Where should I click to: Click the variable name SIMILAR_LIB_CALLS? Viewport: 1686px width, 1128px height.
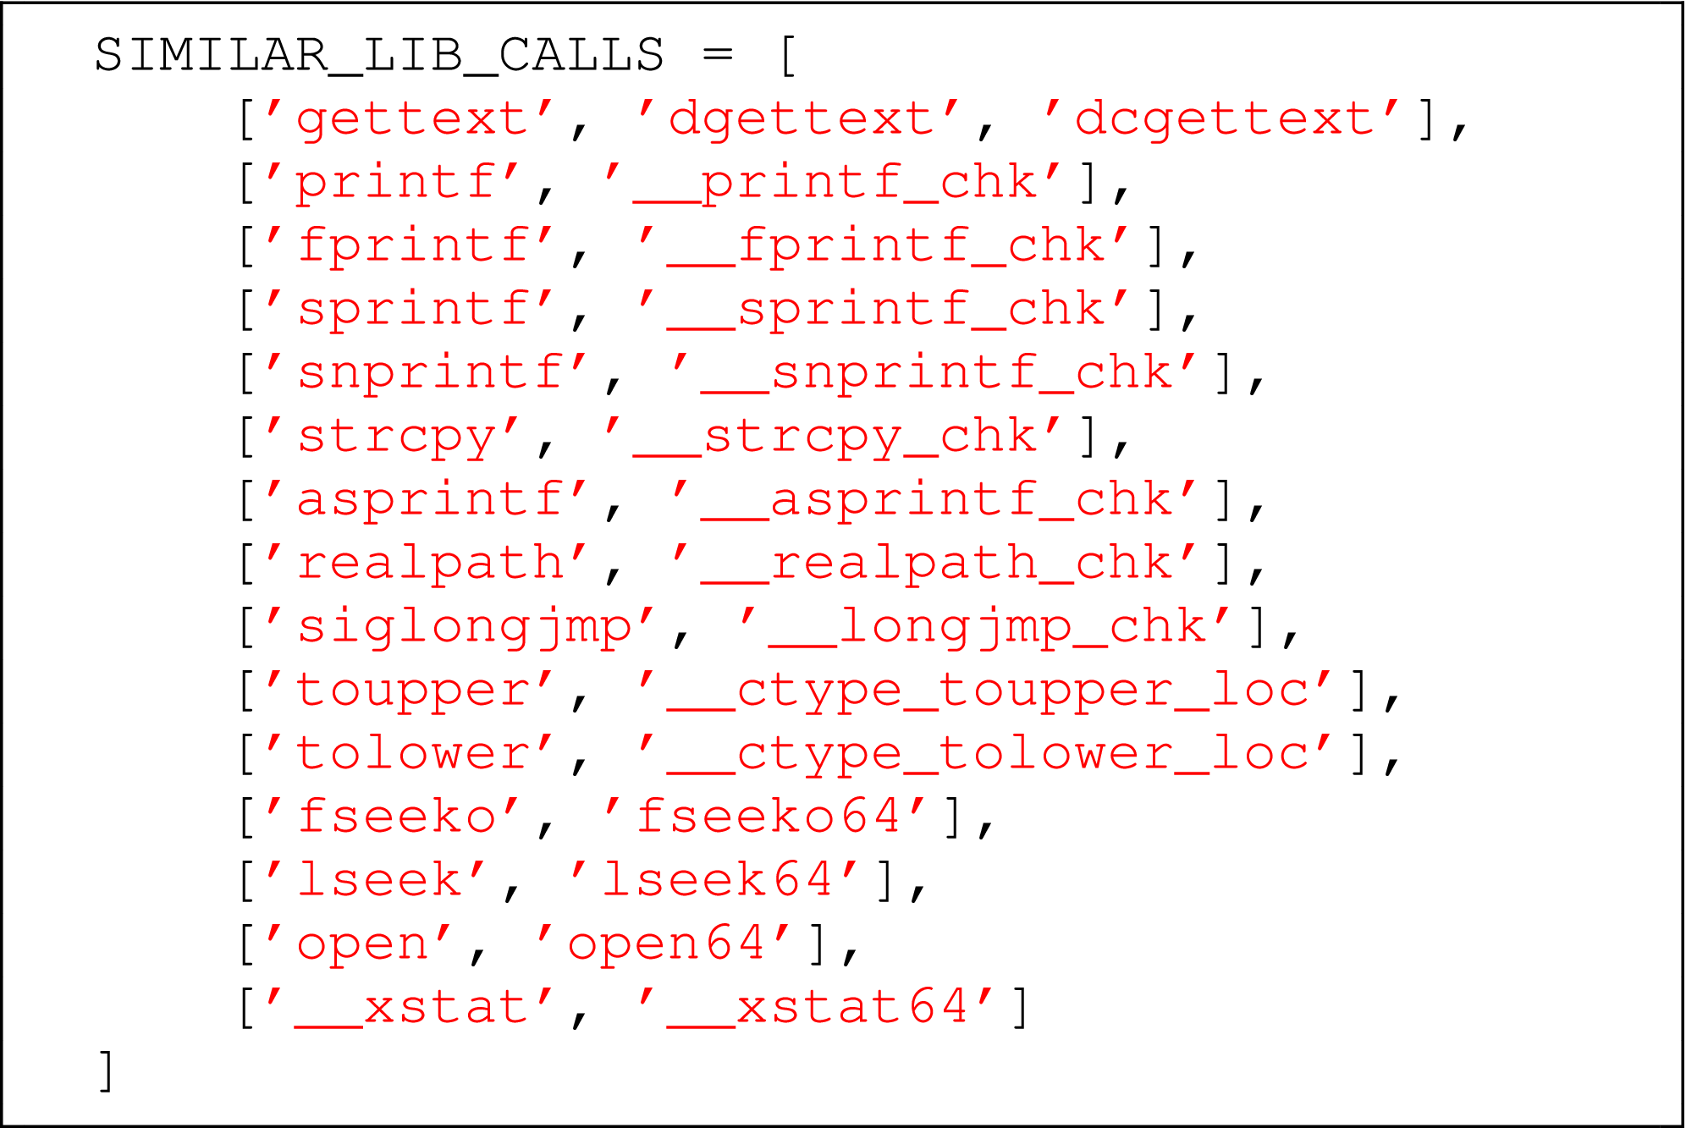379,56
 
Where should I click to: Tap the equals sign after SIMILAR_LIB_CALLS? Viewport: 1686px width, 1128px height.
717,56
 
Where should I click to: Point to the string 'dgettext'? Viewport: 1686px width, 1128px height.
801,119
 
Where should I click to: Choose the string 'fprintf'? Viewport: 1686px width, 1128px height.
411,246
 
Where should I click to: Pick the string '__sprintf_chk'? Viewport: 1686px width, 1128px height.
885,310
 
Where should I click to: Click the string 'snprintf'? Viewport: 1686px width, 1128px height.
428,373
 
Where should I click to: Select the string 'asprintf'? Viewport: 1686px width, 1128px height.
428,500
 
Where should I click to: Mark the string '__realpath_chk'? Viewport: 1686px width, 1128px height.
936,564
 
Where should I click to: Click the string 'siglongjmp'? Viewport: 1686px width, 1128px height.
462,627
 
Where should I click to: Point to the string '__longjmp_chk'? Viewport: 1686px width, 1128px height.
987,627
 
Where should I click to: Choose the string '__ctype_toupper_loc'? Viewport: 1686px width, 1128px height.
987,691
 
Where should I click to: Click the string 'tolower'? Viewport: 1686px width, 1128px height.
411,754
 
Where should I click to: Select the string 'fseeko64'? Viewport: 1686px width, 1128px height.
767,817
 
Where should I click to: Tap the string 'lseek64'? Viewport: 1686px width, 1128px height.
716,881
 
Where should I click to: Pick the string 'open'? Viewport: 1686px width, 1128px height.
361,944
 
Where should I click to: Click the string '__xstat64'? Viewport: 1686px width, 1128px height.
818,1008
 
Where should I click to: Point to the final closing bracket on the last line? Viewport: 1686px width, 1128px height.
107,1071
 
